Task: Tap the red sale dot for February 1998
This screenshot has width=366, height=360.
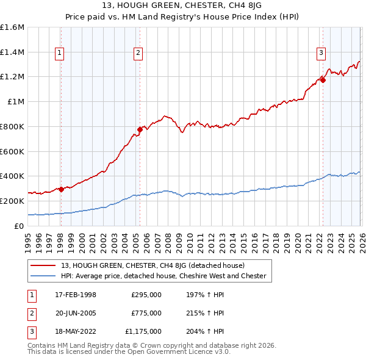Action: coord(61,189)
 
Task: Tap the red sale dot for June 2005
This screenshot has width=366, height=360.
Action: coord(140,129)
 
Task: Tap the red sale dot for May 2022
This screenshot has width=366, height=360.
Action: coord(323,79)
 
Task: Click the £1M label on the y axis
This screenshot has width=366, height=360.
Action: coord(16,102)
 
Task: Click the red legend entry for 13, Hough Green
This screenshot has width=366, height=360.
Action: coord(152,265)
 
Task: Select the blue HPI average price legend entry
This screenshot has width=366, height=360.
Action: coord(163,276)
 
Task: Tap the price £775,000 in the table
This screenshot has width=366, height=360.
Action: coord(146,313)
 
